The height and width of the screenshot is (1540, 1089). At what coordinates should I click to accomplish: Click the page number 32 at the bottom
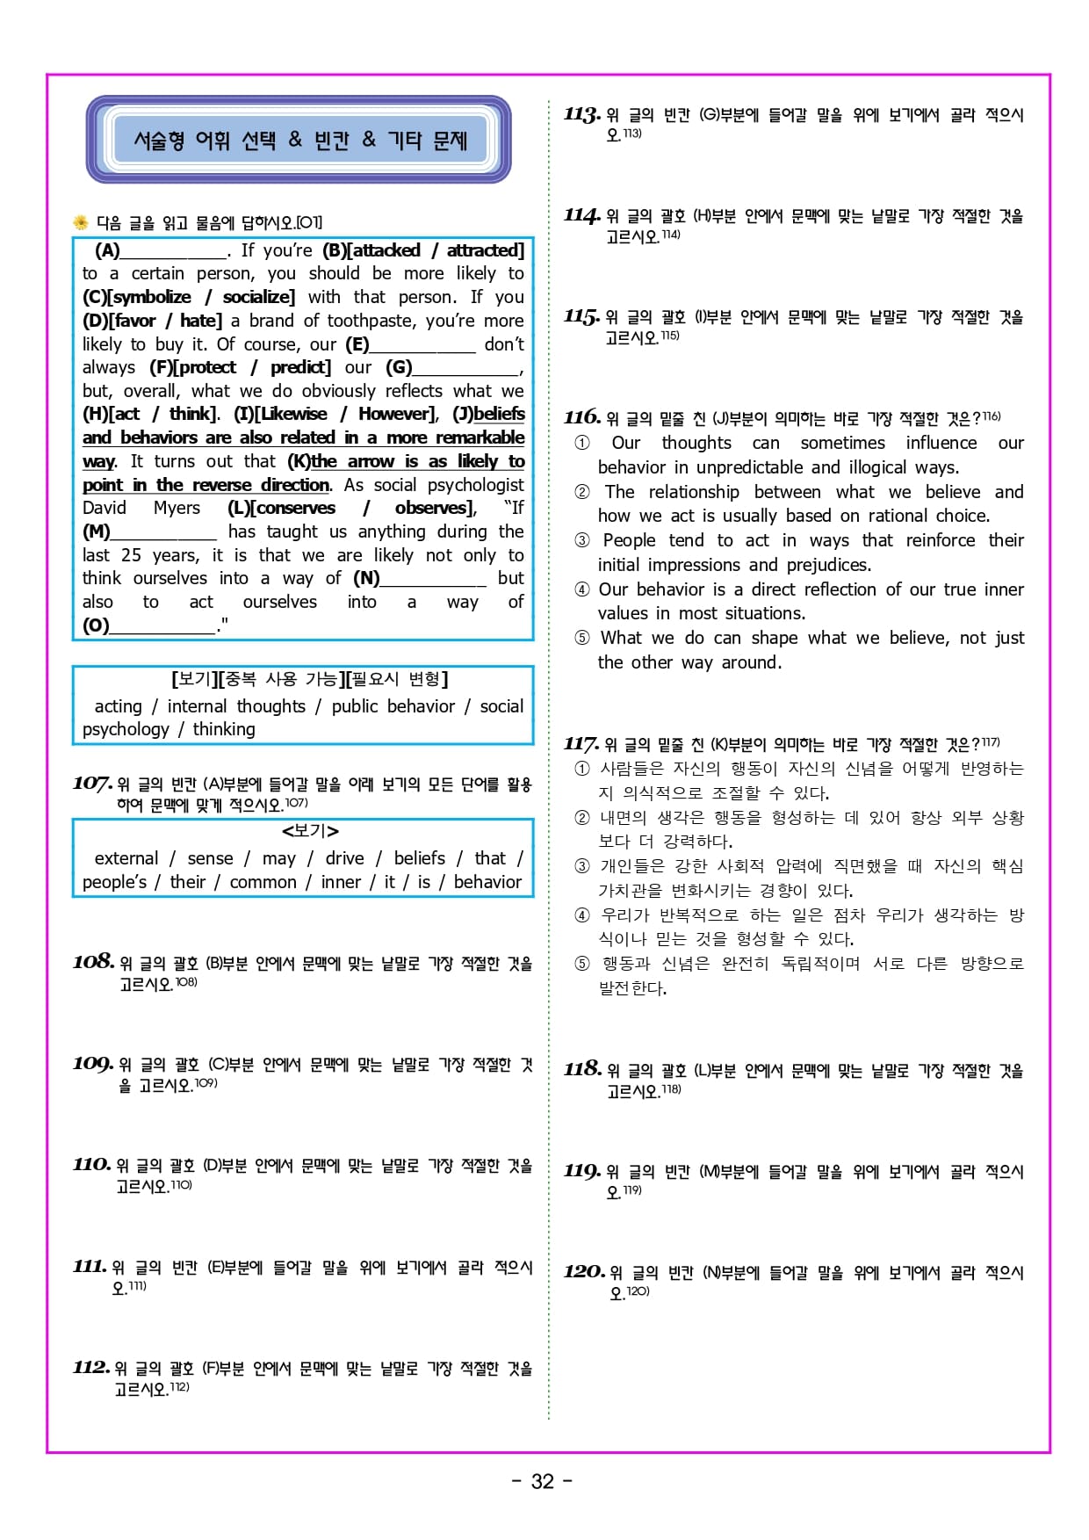click(543, 1481)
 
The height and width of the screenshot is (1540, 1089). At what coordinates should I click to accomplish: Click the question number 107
click(92, 783)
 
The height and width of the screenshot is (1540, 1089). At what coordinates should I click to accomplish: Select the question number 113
click(582, 114)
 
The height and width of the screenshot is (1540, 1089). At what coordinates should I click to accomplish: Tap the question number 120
click(584, 1271)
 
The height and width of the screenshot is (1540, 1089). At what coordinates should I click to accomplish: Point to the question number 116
click(582, 417)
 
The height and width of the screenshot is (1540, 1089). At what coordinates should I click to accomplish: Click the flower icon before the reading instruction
click(81, 222)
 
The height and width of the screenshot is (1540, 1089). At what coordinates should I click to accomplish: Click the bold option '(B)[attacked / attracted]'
click(422, 250)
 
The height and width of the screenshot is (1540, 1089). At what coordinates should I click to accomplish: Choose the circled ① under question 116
click(581, 443)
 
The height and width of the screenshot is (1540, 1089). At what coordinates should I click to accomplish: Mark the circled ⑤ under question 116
click(581, 638)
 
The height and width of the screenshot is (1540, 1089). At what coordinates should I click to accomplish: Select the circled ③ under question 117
click(581, 866)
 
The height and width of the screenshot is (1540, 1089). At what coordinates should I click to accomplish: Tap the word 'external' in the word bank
click(126, 858)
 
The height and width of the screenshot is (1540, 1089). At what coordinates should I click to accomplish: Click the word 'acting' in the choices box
click(118, 706)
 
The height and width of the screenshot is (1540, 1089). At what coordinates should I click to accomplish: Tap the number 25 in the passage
click(131, 555)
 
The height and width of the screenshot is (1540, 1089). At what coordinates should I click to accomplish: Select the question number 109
click(93, 1064)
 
